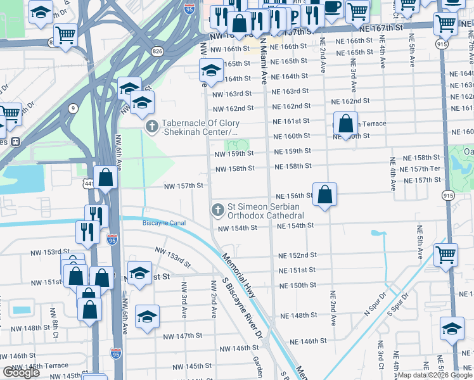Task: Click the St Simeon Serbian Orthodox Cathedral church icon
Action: coord(217,210)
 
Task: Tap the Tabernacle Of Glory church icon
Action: coord(151,127)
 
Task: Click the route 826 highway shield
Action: coord(156,50)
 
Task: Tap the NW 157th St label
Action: coord(183,186)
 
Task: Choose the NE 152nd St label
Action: coord(297,255)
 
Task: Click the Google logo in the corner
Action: coord(21,372)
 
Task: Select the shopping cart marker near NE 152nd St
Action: coord(445,255)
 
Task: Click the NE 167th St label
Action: coord(380,28)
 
